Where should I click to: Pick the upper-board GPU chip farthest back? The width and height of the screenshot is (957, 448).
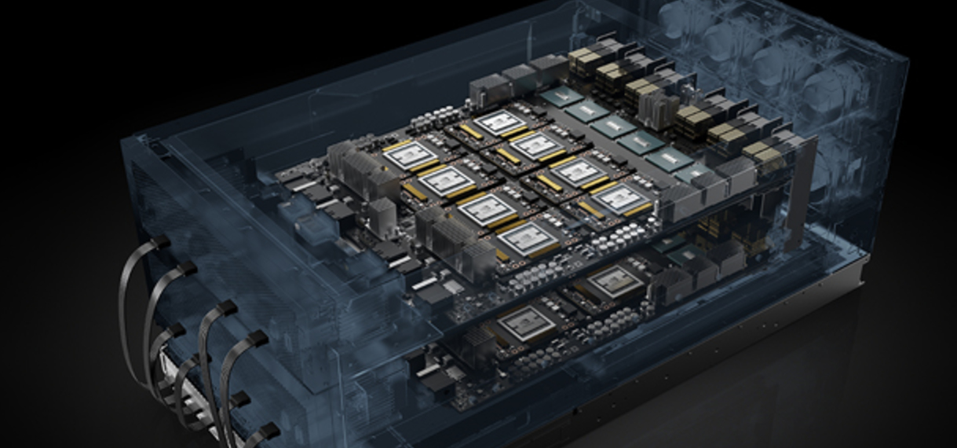click(x=499, y=122)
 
